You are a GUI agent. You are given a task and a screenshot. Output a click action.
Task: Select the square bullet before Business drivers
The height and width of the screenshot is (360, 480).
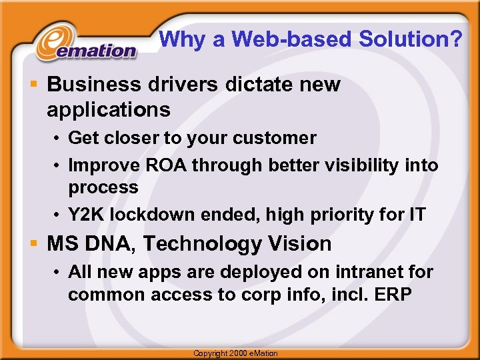(34, 85)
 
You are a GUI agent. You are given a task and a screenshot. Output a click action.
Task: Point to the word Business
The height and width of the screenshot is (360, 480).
(94, 85)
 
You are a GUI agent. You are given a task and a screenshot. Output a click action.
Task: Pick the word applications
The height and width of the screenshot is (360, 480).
(109, 109)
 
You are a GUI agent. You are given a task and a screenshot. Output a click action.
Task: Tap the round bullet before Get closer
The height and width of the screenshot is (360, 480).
(58, 139)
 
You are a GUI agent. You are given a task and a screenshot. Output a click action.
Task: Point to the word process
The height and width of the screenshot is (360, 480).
(103, 187)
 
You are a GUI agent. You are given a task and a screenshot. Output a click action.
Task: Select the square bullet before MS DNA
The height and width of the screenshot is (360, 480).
(34, 243)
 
